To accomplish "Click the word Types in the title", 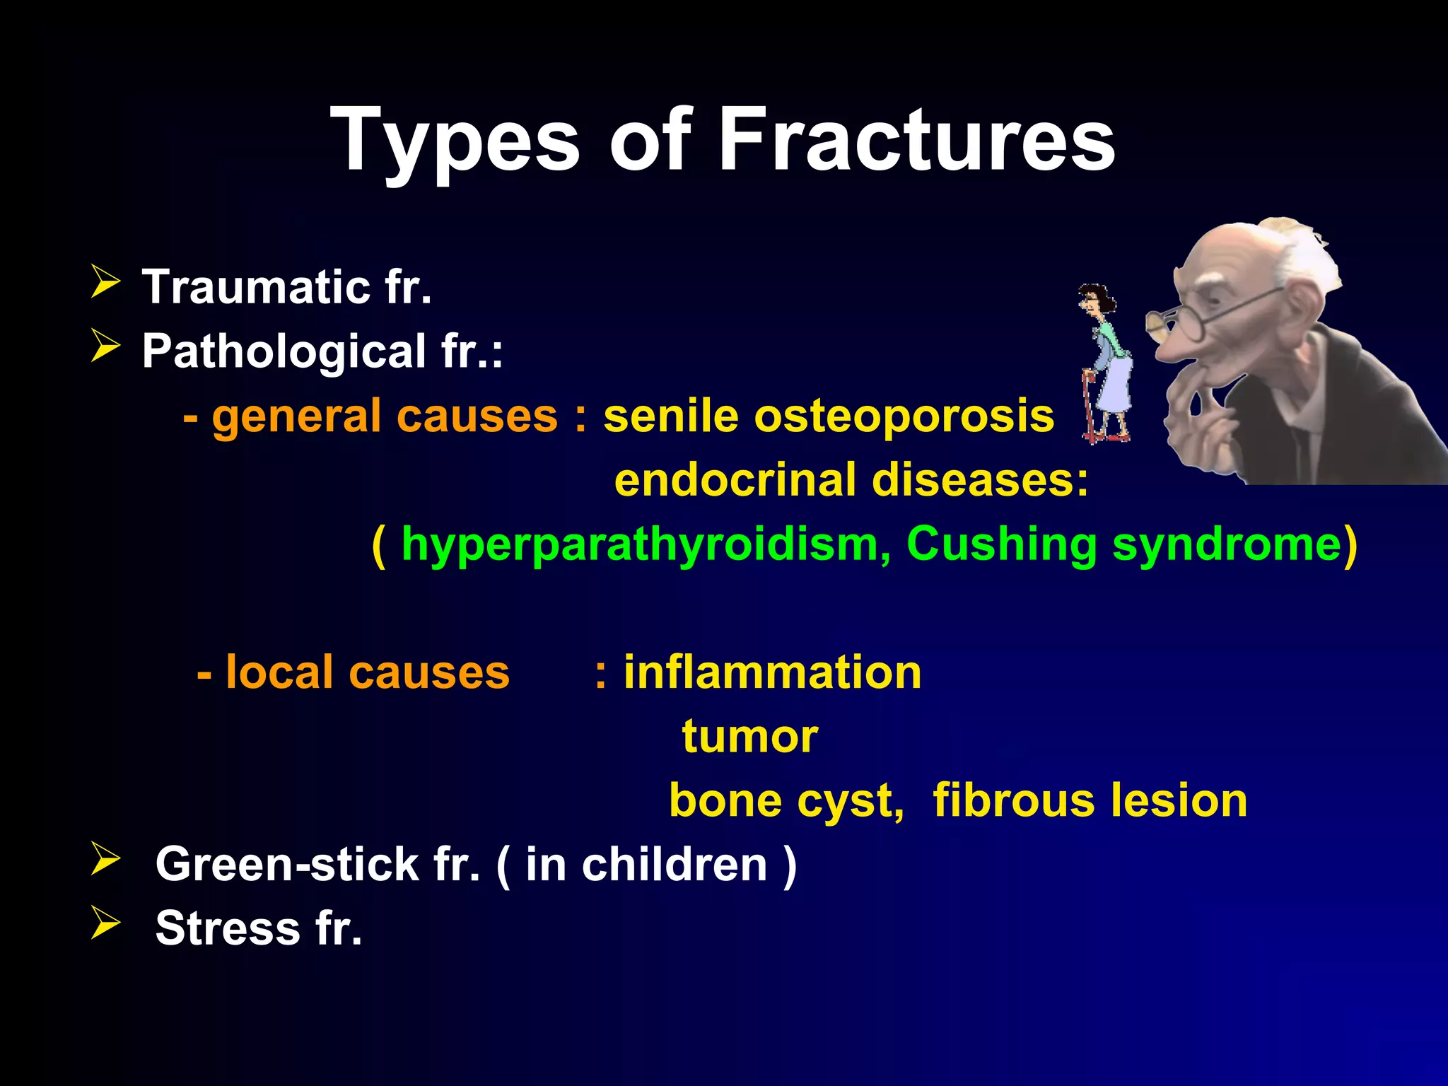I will tap(455, 141).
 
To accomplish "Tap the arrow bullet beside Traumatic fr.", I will tap(105, 282).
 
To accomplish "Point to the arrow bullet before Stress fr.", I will tap(105, 923).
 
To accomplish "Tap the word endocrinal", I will tap(735, 480).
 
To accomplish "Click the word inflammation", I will tap(772, 672).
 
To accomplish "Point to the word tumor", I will tap(749, 736).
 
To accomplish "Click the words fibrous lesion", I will tap(1090, 800).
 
